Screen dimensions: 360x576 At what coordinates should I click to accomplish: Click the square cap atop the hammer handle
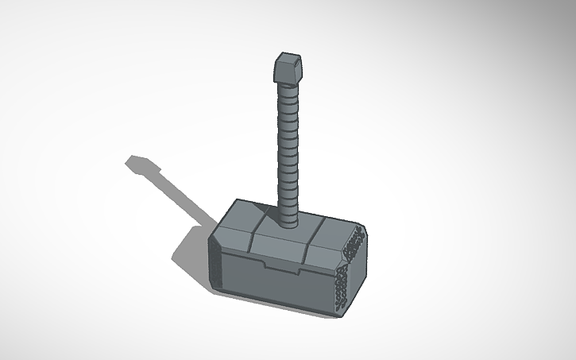[x=287, y=68]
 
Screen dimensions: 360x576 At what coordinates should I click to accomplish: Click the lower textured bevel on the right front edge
[x=340, y=286]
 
